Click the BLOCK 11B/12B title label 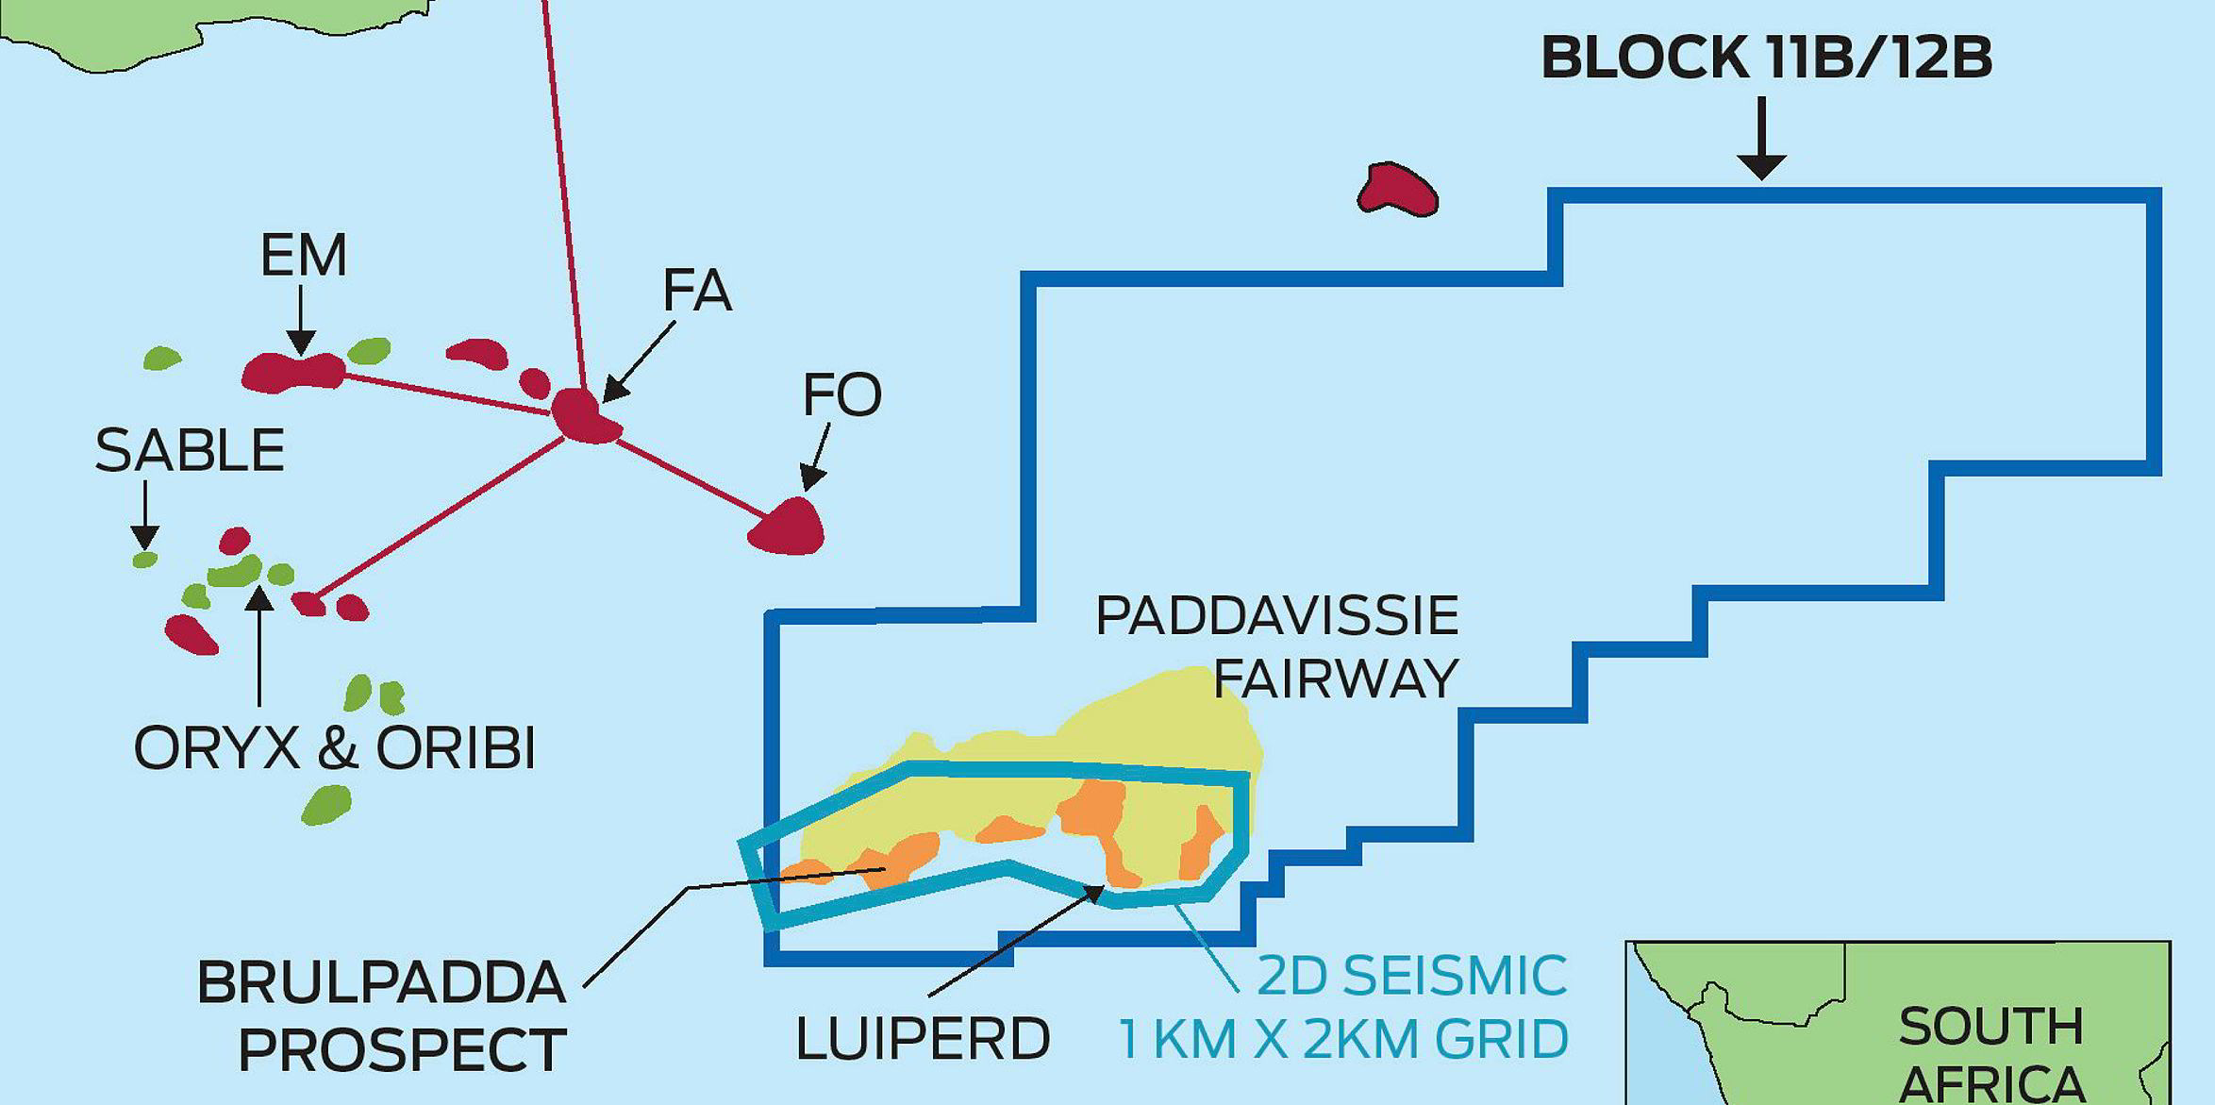tap(1766, 58)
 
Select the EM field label tap(303, 256)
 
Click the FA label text tap(697, 291)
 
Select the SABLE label tap(190, 451)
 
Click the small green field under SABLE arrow tap(144, 560)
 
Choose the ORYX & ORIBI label tap(335, 749)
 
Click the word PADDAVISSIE tap(1277, 616)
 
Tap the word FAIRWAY tap(1336, 678)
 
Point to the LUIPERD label tap(923, 1040)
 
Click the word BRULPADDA tap(381, 983)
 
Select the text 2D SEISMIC tap(1411, 976)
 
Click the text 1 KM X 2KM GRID tap(1343, 1039)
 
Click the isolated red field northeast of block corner tap(1397, 190)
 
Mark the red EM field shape tap(293, 372)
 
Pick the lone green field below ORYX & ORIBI tap(326, 805)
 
